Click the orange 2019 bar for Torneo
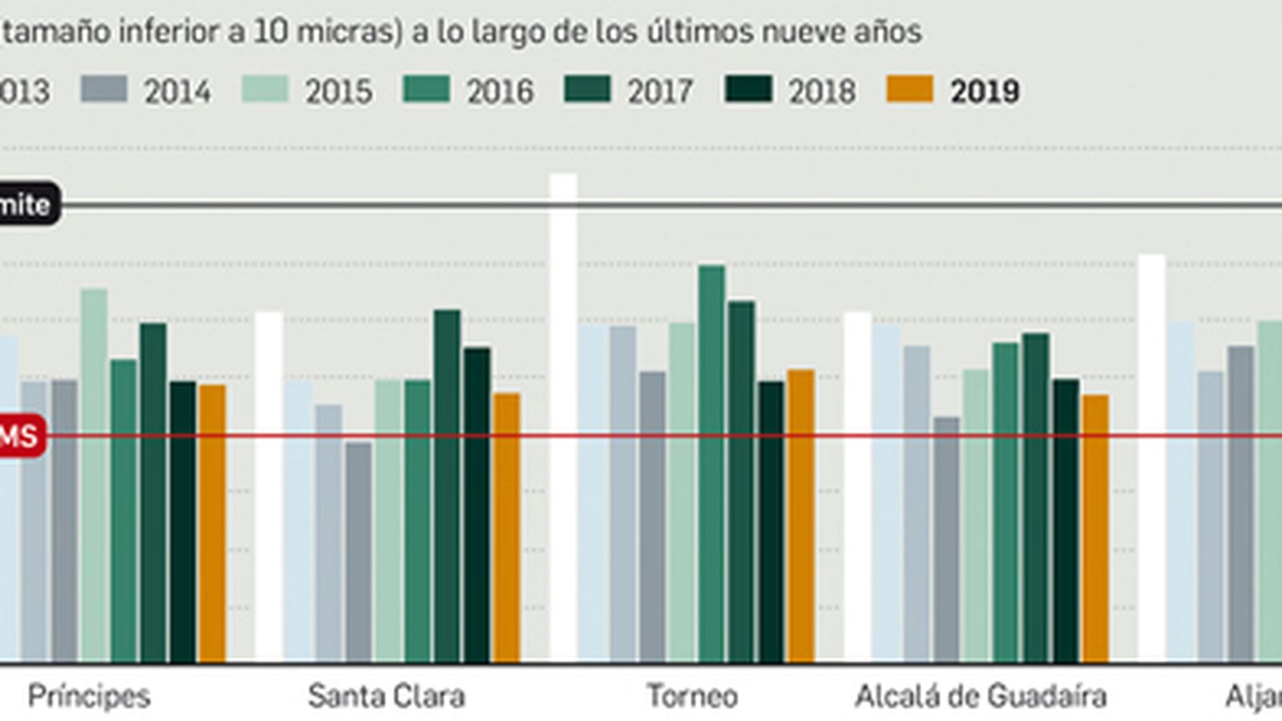click(x=800, y=516)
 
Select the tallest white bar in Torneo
click(x=563, y=417)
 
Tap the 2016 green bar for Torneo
click(x=712, y=465)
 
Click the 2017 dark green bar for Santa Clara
click(x=447, y=485)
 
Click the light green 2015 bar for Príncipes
click(x=94, y=476)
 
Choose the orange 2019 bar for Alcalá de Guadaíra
click(x=1095, y=529)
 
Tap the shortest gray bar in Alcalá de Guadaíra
click(x=946, y=540)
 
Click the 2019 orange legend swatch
click(x=910, y=90)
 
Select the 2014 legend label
click(x=177, y=92)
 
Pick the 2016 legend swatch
click(x=426, y=90)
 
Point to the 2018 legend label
click(x=821, y=92)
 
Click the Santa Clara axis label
click(x=386, y=696)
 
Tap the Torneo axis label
click(x=692, y=696)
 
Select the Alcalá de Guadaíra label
click(x=981, y=696)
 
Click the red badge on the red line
click(x=21, y=437)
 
